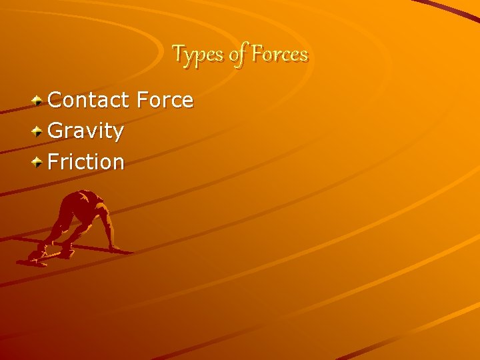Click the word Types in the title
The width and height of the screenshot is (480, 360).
(197, 53)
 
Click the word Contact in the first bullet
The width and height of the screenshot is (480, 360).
(89, 100)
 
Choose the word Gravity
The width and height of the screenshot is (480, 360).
(86, 131)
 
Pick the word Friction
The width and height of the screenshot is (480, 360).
(86, 161)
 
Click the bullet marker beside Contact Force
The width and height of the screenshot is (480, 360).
(39, 101)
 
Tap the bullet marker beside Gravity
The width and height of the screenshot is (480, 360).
(39, 131)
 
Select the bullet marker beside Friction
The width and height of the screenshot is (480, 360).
(39, 161)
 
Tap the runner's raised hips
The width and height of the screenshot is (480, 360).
(85, 197)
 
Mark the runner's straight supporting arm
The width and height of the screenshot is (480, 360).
(107, 227)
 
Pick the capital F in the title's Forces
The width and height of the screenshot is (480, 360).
(257, 53)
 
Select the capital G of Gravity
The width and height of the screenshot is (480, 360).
(57, 131)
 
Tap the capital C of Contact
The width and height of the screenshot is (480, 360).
(57, 100)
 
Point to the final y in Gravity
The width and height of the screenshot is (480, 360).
(118, 133)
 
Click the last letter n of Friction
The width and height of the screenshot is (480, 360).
(118, 162)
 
